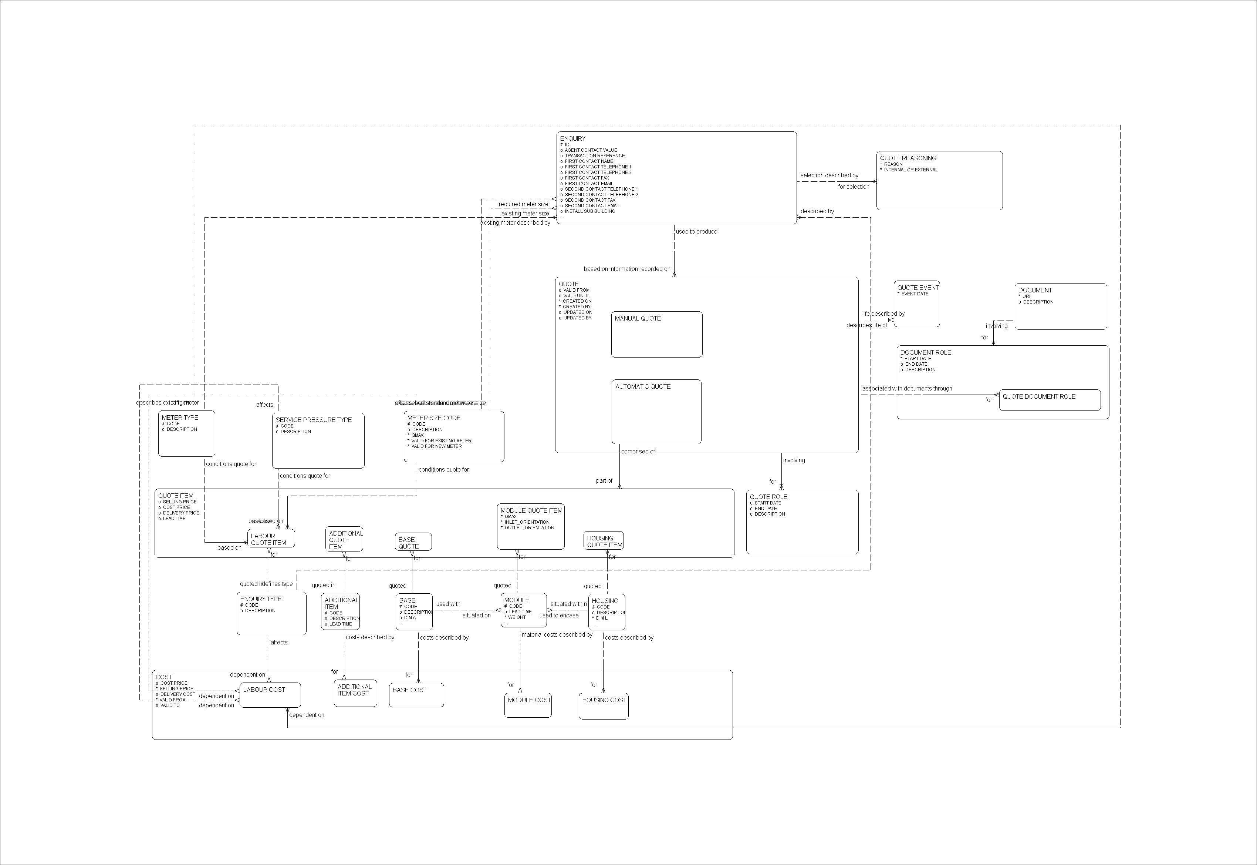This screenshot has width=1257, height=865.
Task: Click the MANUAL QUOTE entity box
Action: (x=656, y=334)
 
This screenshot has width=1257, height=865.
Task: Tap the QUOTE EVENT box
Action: (x=916, y=304)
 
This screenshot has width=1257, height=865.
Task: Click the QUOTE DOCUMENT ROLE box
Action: (x=1049, y=400)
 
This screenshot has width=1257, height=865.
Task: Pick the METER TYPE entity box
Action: (x=186, y=433)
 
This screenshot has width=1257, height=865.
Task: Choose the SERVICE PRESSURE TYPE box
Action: (x=318, y=440)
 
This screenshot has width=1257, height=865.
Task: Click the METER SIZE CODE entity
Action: (x=454, y=437)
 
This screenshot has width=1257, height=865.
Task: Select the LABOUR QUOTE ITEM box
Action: (x=271, y=539)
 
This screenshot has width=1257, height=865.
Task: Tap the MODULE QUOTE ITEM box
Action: (x=531, y=526)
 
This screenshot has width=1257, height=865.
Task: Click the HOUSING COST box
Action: (x=603, y=706)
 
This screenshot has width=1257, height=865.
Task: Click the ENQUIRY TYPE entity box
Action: (x=271, y=614)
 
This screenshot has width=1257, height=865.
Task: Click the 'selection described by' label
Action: (x=829, y=175)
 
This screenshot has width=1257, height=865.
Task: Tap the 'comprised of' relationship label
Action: (x=638, y=452)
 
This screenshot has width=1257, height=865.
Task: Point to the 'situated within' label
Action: (x=568, y=604)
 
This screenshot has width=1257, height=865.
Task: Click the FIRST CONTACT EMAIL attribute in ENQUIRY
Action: (x=589, y=184)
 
